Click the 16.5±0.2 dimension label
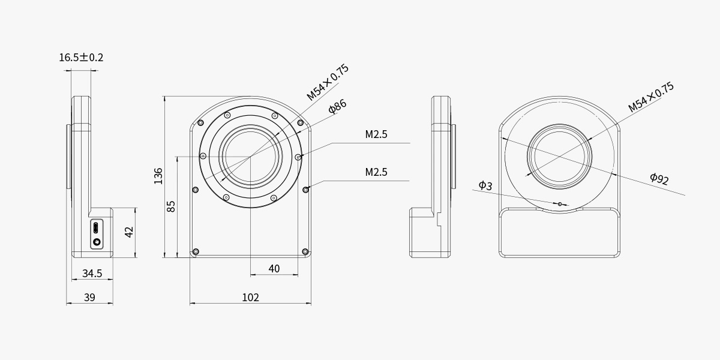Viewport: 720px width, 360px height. point(81,58)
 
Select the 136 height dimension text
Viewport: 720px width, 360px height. point(158,175)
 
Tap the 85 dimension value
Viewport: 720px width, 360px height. point(171,206)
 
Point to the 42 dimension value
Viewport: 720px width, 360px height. point(129,232)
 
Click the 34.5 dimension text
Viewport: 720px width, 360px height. point(92,274)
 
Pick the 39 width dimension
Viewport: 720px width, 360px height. point(89,297)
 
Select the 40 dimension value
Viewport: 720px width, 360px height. point(274,269)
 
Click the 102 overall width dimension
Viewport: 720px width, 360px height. point(250,297)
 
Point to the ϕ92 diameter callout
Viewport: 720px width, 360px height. point(659,178)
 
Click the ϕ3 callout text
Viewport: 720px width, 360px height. point(485,185)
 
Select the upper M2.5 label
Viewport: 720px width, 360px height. point(376,134)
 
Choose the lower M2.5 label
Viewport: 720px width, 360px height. point(376,172)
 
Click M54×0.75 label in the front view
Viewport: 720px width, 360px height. point(328,82)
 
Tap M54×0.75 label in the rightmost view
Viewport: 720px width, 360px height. point(651,97)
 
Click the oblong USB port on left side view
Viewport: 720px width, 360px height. point(97,228)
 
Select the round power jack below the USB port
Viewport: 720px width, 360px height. point(97,242)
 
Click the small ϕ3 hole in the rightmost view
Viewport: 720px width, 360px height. point(560,204)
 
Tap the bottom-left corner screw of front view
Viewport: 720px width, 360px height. point(195,251)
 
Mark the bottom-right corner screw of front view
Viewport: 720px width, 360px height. point(305,251)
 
